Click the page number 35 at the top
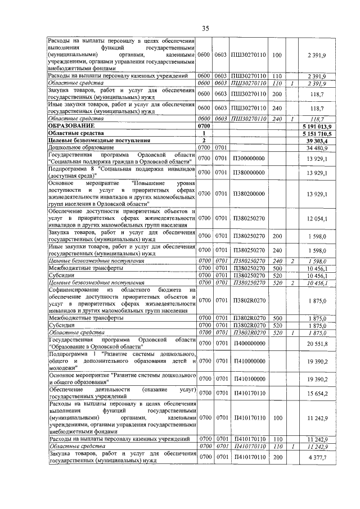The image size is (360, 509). point(205,28)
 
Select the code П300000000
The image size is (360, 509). point(248,159)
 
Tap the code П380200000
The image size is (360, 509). point(248,194)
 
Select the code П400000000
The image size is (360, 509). point(248,343)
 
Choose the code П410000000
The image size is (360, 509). point(248,360)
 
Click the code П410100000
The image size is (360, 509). point(248,378)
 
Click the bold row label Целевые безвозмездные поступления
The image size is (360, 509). point(92,139)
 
